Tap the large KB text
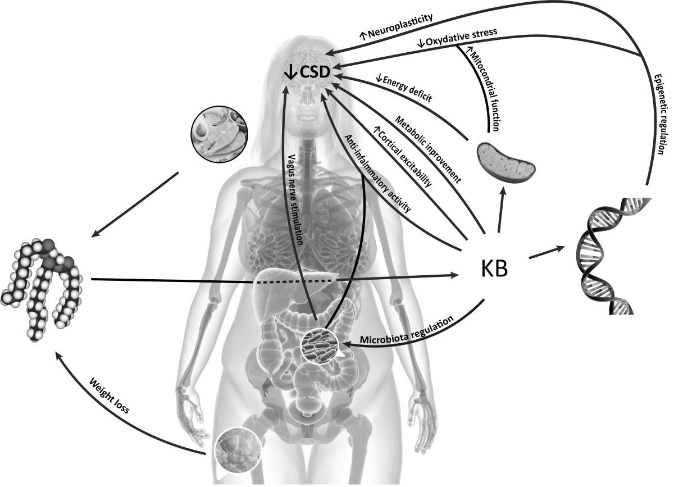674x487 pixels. coord(494,269)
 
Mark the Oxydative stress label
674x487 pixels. coord(457,38)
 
